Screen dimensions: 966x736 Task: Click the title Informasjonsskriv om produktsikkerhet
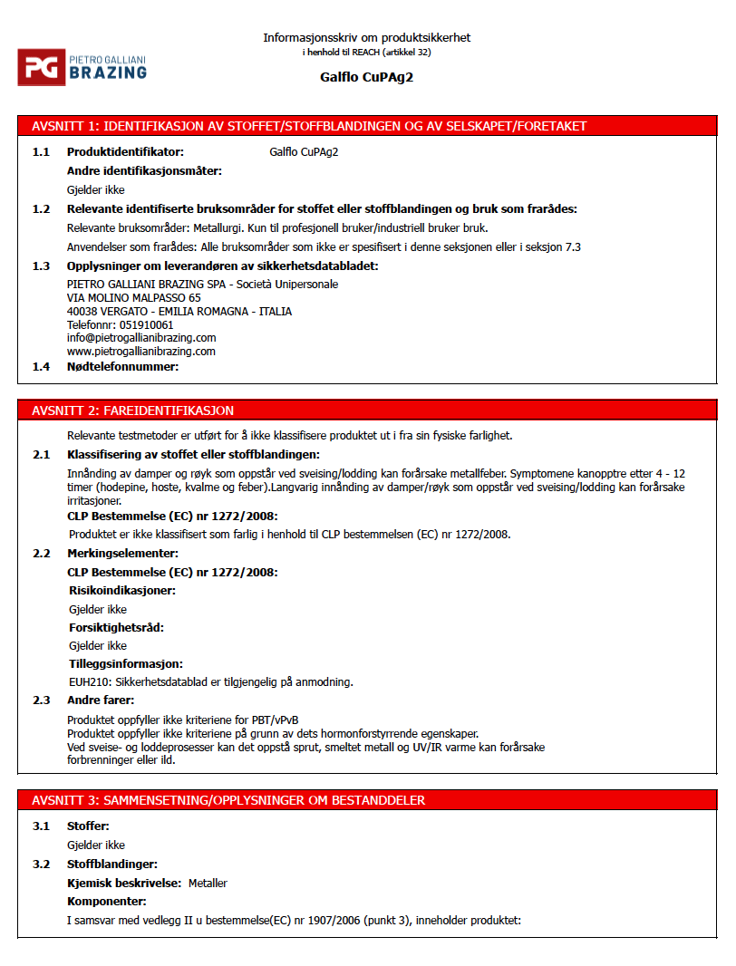(366, 37)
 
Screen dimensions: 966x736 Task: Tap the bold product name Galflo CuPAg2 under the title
(366, 77)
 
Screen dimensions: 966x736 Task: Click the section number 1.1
(41, 152)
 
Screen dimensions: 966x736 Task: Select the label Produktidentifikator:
(125, 152)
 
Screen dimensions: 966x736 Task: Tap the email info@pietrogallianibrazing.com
(141, 338)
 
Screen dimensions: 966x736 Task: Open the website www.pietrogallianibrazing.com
(141, 351)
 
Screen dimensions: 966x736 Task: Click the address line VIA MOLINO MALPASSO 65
(134, 297)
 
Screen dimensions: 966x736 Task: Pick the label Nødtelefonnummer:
(122, 366)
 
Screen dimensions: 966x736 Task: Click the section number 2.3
(41, 700)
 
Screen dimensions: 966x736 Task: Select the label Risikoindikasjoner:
(122, 591)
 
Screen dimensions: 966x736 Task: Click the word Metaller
(208, 883)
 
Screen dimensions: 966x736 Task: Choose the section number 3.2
(41, 864)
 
